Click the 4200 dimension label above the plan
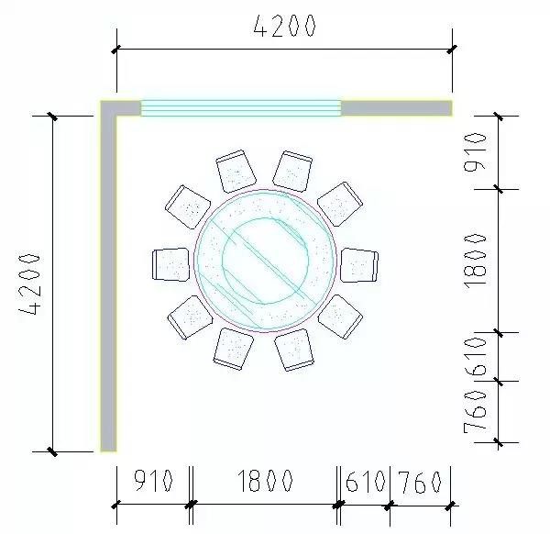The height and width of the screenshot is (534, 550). [284, 27]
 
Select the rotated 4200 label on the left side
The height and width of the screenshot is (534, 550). [31, 284]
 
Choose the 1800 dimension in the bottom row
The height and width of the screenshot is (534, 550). [265, 482]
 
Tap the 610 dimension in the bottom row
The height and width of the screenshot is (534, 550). [366, 482]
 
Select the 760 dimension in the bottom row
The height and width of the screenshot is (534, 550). [422, 482]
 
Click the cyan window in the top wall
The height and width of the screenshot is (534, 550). [240, 108]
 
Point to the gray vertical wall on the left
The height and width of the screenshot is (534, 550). [108, 284]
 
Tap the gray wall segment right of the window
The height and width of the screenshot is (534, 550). [396, 108]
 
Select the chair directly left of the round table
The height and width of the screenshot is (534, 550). [170, 264]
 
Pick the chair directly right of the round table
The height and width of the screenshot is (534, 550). [358, 264]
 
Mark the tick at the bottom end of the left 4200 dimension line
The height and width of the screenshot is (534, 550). [53, 451]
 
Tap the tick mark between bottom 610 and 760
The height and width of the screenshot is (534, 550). [391, 504]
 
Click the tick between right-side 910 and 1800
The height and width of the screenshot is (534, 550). [499, 189]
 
